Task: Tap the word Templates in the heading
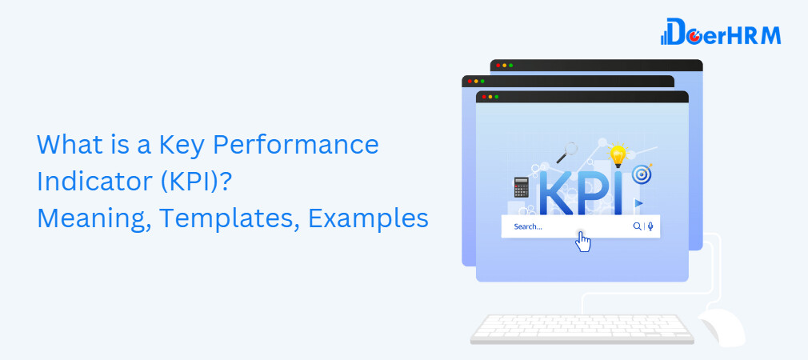tap(221, 218)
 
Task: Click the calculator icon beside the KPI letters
tap(522, 186)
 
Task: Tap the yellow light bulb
tap(617, 154)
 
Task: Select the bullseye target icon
tap(640, 174)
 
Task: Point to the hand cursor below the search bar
tap(583, 241)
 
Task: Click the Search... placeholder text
tap(528, 226)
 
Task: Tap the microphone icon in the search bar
tap(650, 226)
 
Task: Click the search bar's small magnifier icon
tap(637, 226)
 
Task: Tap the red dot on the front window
tap(482, 97)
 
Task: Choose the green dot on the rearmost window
tap(511, 66)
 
